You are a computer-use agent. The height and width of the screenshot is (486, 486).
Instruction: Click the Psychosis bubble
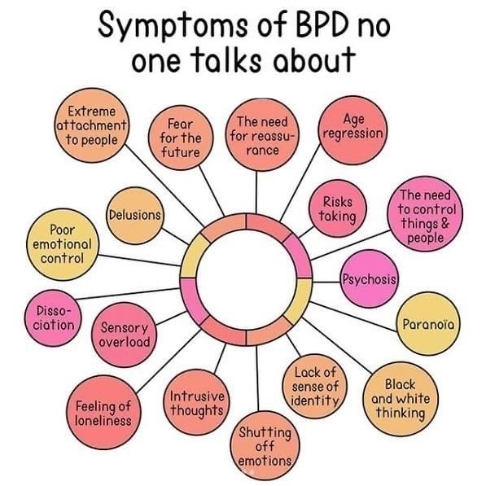point(369,278)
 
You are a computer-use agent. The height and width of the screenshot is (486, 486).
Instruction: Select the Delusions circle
point(135,216)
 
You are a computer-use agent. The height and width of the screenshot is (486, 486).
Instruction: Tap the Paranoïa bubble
point(428,323)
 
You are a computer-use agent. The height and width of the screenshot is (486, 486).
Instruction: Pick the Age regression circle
point(353,130)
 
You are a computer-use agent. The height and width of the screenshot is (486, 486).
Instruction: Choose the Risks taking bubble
point(338,208)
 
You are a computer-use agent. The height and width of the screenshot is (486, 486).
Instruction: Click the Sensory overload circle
point(125,335)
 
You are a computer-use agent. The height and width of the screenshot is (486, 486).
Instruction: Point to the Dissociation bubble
point(53,318)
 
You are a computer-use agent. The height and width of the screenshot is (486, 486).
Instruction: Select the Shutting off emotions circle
point(265,446)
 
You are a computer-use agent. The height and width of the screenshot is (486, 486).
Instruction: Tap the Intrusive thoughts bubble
point(197,402)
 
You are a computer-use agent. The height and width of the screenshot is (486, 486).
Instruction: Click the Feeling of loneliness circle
point(103,412)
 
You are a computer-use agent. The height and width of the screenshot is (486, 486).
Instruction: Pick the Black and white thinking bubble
point(401,399)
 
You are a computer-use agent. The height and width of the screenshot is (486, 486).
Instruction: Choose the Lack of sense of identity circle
point(315,386)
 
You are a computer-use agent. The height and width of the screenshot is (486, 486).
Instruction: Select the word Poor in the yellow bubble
point(63,230)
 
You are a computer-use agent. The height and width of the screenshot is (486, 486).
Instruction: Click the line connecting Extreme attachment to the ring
point(164,186)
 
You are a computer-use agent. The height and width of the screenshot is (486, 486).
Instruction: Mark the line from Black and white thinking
point(336,345)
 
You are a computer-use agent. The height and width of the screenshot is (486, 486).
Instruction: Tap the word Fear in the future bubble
point(181,125)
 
